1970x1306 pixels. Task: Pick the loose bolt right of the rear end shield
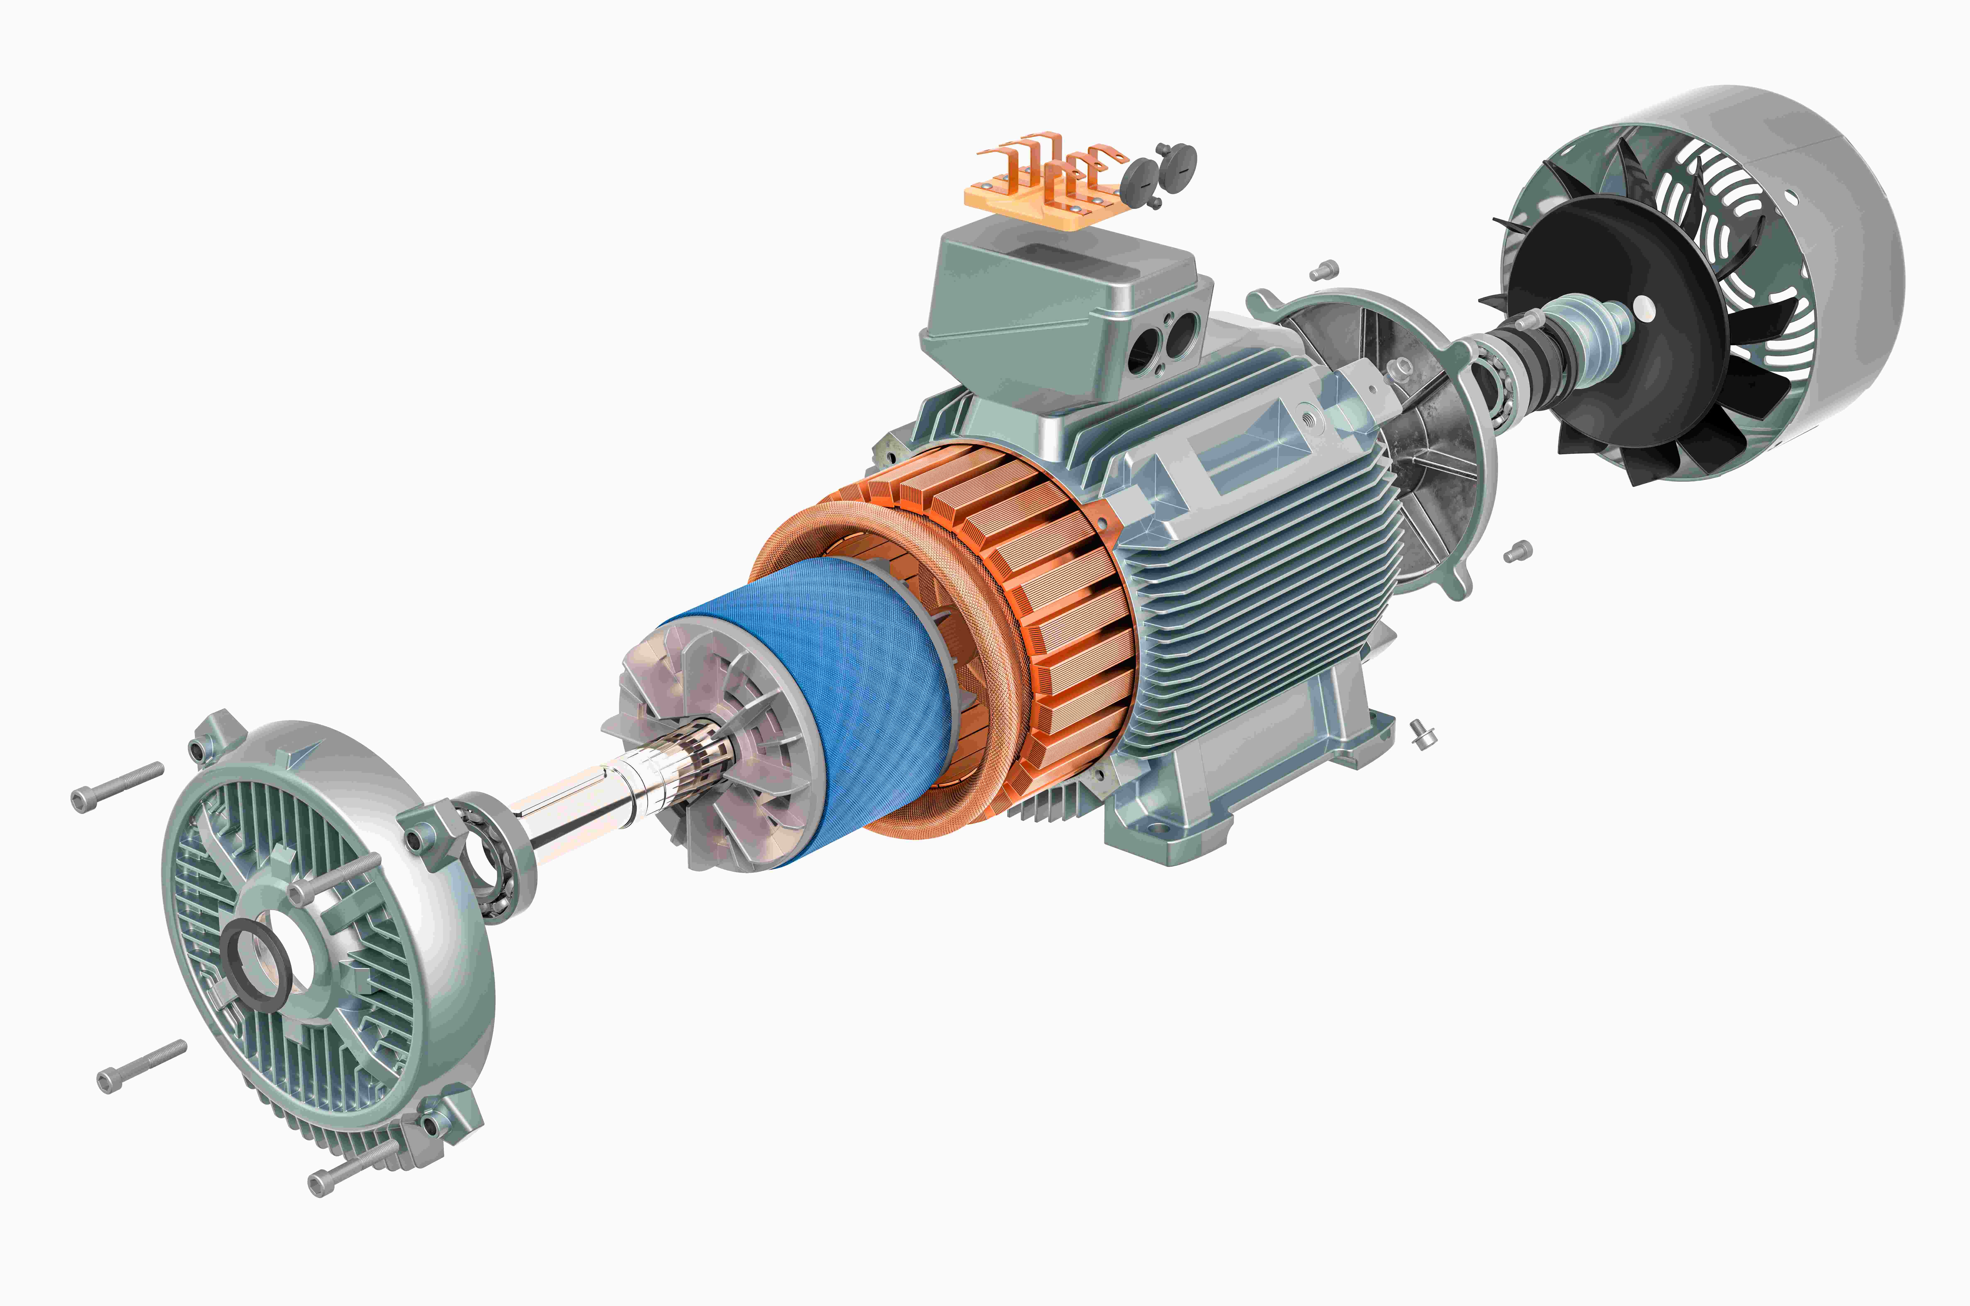tap(1518, 551)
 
